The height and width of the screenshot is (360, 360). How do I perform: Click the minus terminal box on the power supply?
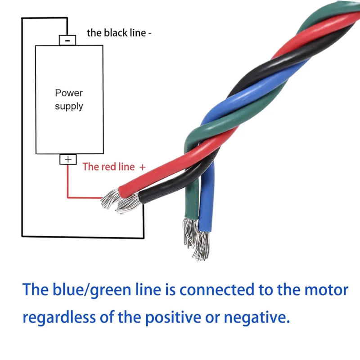67,40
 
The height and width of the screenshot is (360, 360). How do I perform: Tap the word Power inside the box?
69,93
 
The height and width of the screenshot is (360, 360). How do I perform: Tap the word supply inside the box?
69,107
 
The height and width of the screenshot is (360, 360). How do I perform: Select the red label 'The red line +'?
114,167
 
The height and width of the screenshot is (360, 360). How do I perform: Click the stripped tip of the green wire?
189,231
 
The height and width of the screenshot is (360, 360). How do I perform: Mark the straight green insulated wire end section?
191,198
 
